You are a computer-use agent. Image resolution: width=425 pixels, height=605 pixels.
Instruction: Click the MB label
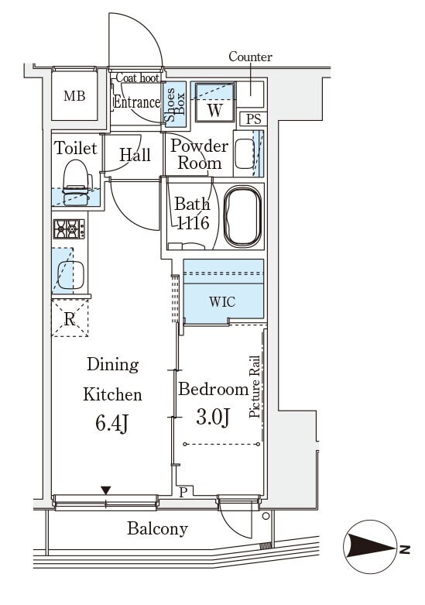(74, 95)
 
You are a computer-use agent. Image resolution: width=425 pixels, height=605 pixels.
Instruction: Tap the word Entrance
(136, 102)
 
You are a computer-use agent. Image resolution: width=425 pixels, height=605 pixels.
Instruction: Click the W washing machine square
(214, 101)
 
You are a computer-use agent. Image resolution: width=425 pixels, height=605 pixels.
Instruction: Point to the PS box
(253, 119)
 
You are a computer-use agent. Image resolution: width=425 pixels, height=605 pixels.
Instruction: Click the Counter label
(250, 57)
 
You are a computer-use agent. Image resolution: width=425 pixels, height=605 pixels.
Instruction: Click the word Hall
(135, 155)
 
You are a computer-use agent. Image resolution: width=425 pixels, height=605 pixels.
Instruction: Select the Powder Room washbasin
(245, 153)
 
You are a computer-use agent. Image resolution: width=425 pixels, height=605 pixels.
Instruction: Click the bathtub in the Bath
(243, 216)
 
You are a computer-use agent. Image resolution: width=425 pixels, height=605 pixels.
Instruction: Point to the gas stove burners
(69, 229)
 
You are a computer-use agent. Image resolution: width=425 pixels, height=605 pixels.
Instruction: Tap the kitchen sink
(71, 275)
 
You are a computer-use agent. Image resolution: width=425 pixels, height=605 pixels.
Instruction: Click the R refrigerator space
(70, 318)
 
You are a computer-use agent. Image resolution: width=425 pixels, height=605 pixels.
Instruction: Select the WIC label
(222, 301)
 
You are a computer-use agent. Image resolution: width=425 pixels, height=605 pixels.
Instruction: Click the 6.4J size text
(111, 424)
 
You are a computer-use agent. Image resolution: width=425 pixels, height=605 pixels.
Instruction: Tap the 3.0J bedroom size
(213, 418)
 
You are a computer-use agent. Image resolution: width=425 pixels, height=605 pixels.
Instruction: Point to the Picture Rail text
(255, 387)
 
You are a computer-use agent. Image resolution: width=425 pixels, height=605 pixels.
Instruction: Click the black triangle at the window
(106, 490)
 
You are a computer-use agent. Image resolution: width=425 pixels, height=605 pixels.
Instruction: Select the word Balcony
(157, 528)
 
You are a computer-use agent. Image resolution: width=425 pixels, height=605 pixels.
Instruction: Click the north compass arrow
(370, 547)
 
